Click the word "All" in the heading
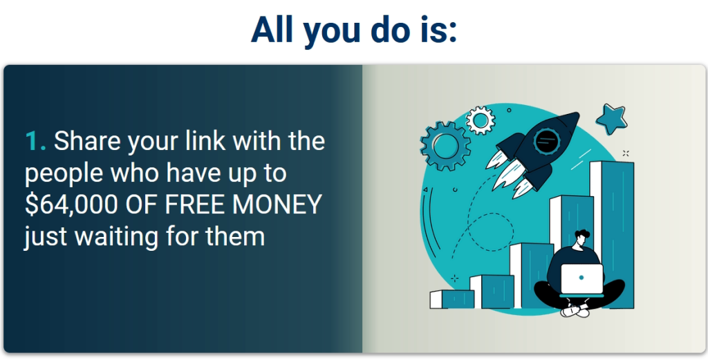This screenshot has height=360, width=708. pyautogui.click(x=272, y=29)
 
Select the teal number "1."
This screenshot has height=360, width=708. pyautogui.click(x=36, y=141)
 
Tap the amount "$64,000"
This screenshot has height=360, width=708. pyautogui.click(x=71, y=204)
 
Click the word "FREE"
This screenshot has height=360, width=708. pyautogui.click(x=195, y=204)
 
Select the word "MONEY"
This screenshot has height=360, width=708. pyautogui.click(x=277, y=204)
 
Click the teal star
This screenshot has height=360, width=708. pyautogui.click(x=611, y=119)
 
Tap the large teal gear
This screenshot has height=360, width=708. pyautogui.click(x=445, y=146)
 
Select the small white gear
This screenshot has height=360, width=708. pyautogui.click(x=481, y=120)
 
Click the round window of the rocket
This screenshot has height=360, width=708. pyautogui.click(x=546, y=142)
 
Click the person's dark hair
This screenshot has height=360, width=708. pyautogui.click(x=582, y=236)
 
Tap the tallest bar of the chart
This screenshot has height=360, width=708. pyautogui.click(x=612, y=234)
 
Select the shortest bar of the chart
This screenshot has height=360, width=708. pyautogui.click(x=452, y=299)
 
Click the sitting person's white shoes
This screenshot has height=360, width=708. pyautogui.click(x=575, y=310)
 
